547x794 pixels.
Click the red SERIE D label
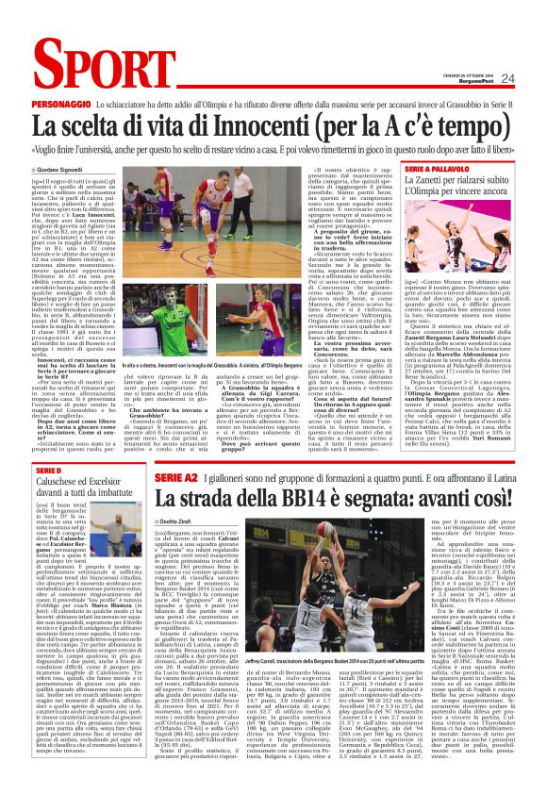(x=48, y=471)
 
